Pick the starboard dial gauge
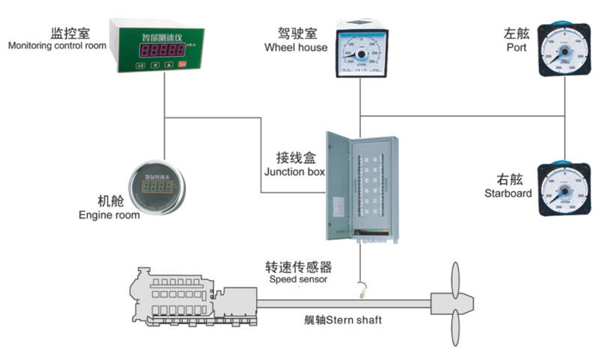point(564,186)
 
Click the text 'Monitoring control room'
point(58,46)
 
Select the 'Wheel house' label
point(296,48)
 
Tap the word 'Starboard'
point(508,193)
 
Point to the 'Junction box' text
point(294,171)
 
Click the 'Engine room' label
point(109,216)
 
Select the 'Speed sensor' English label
point(298,280)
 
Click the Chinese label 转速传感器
point(298,267)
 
